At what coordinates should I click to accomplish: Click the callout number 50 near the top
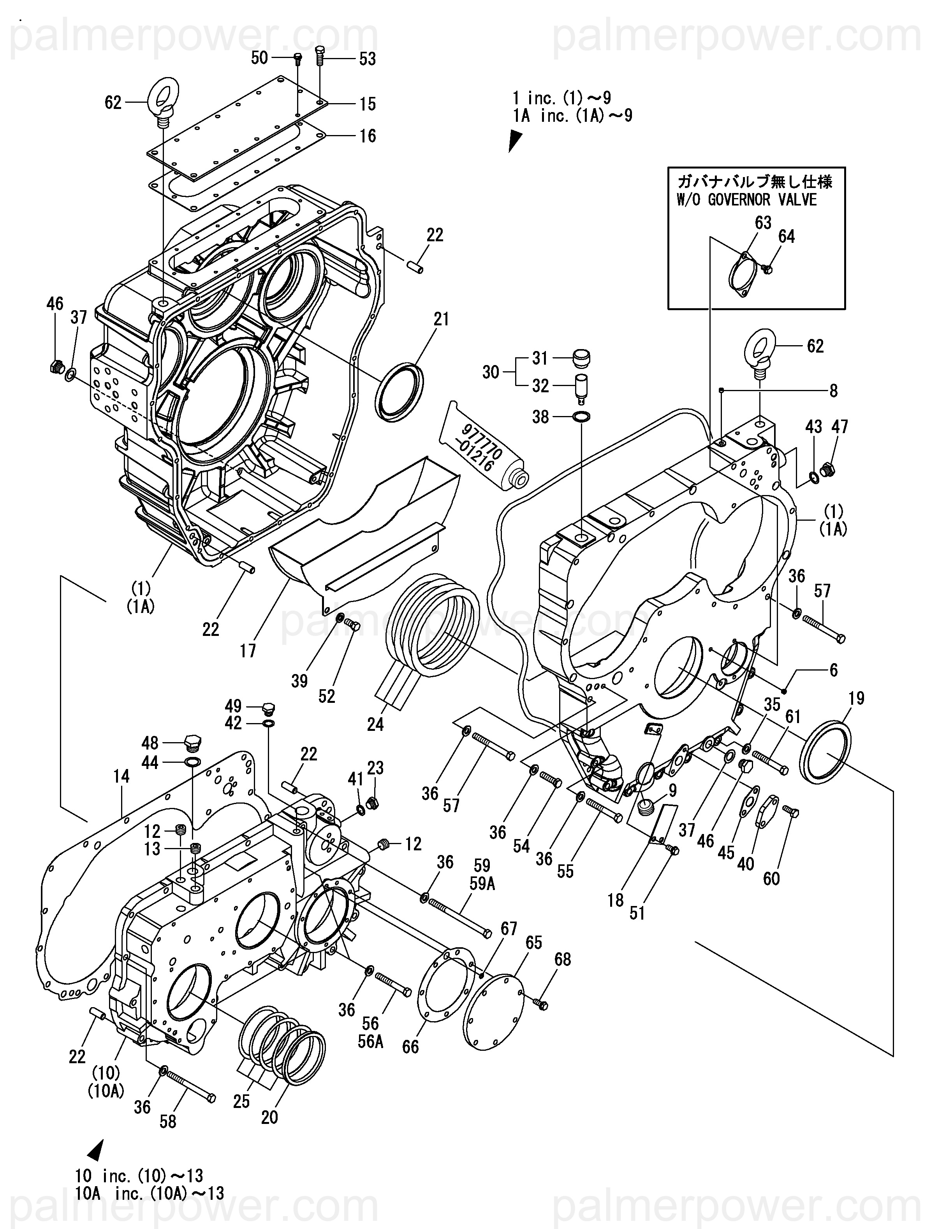point(259,57)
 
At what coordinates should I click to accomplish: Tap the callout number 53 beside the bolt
point(368,58)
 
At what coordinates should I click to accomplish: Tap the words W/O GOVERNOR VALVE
point(746,200)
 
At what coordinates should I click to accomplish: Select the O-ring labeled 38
point(581,417)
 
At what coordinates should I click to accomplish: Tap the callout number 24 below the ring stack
point(375,724)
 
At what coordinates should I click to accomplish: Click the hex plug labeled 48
point(191,742)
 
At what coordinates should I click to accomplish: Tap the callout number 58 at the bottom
point(168,1121)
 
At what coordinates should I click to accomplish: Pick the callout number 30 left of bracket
point(490,372)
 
